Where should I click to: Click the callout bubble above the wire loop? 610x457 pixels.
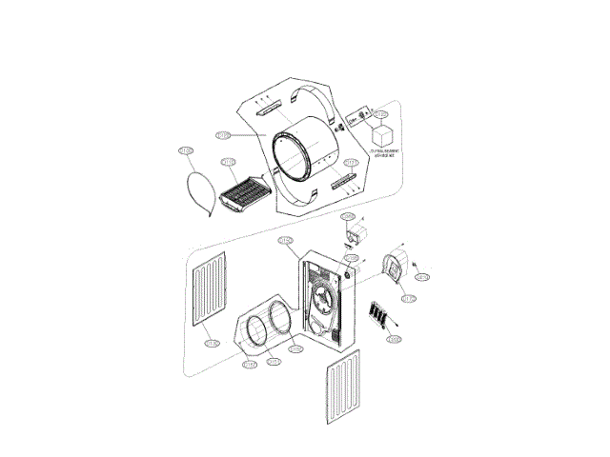tap(185, 150)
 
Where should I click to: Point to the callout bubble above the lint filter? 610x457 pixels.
tap(229, 163)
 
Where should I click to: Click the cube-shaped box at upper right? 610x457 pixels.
tap(384, 134)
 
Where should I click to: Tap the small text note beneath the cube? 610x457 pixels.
tap(385, 154)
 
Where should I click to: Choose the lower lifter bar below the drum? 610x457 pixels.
tap(341, 181)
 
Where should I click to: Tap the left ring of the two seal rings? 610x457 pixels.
tap(255, 329)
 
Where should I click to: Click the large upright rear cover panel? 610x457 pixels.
tap(326, 297)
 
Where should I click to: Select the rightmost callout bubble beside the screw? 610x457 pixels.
tap(423, 277)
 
